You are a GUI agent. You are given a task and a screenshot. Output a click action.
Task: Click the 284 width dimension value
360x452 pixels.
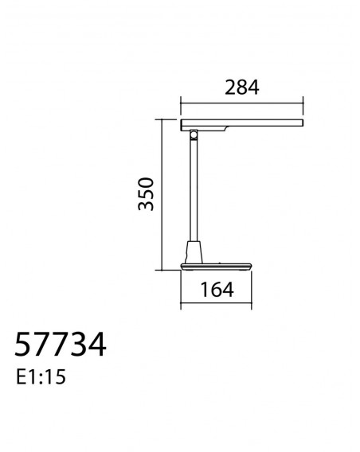coord(242,88)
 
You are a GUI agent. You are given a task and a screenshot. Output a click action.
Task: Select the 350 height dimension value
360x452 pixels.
coord(146,194)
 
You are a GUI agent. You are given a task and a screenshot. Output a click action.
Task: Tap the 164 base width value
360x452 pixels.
coord(217,290)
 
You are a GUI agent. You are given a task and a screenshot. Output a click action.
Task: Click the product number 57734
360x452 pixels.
coord(61,345)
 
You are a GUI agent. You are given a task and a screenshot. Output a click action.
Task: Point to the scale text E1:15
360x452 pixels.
coord(41,376)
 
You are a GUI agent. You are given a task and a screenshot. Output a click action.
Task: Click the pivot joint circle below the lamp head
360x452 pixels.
coord(194,134)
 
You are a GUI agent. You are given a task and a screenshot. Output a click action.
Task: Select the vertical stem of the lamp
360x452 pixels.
coord(194,189)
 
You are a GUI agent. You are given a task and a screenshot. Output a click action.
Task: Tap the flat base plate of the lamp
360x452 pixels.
coord(216,267)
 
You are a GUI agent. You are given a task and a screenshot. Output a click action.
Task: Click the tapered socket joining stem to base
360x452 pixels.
coord(194,252)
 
